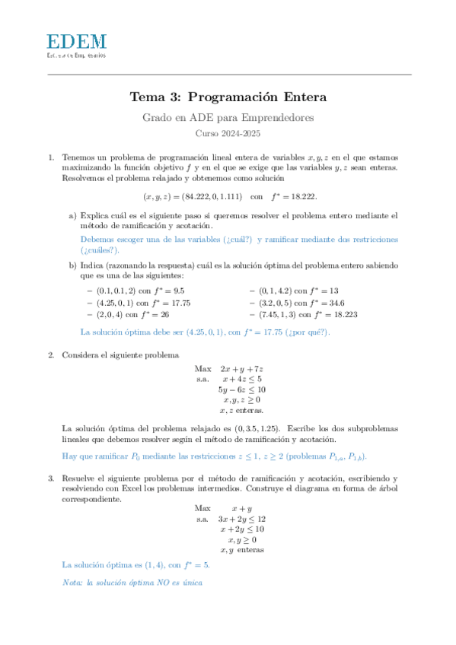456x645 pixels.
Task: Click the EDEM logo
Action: pyautogui.click(x=76, y=46)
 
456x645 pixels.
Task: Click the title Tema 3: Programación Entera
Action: pyautogui.click(x=228, y=97)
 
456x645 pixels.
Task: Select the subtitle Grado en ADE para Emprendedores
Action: pyautogui.click(x=228, y=118)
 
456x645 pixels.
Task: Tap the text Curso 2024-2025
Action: pyautogui.click(x=228, y=133)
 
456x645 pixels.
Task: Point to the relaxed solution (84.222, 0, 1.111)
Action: pyautogui.click(x=190, y=195)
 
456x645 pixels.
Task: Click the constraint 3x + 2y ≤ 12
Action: pyautogui.click(x=241, y=519)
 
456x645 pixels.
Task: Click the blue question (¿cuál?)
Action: pyautogui.click(x=239, y=239)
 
